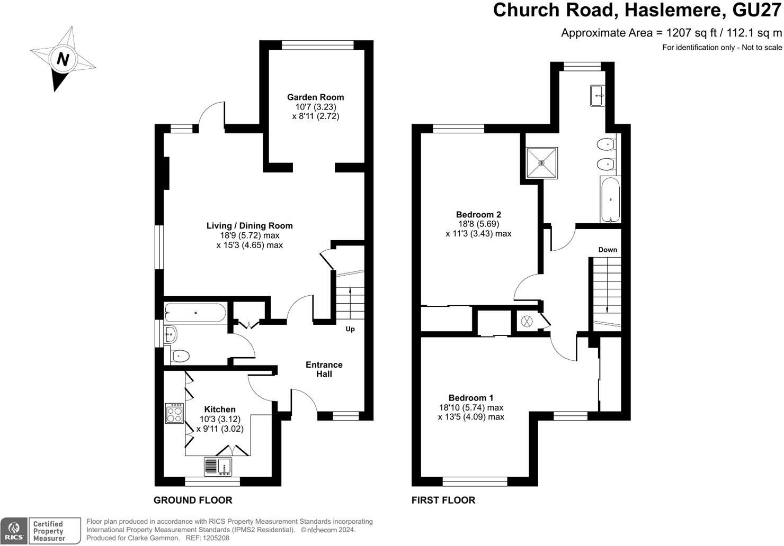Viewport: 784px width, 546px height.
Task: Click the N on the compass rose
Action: [63, 59]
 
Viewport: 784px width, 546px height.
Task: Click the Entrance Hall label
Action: [324, 369]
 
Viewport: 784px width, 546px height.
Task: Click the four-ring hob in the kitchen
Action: [175, 413]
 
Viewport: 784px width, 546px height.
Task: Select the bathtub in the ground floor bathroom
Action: [195, 313]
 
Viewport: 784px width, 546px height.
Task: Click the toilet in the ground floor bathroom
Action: [180, 356]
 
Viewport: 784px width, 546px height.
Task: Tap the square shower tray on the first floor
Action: [541, 163]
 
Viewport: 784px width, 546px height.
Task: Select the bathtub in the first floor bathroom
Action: [611, 200]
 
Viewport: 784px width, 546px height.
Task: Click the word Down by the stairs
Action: [608, 250]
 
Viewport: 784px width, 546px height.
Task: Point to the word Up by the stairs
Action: [350, 329]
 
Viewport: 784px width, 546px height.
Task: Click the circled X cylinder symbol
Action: [527, 321]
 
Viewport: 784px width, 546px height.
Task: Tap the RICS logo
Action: [14, 531]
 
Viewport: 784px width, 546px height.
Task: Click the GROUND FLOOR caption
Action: [193, 500]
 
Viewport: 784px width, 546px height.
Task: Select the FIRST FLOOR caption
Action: [443, 500]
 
